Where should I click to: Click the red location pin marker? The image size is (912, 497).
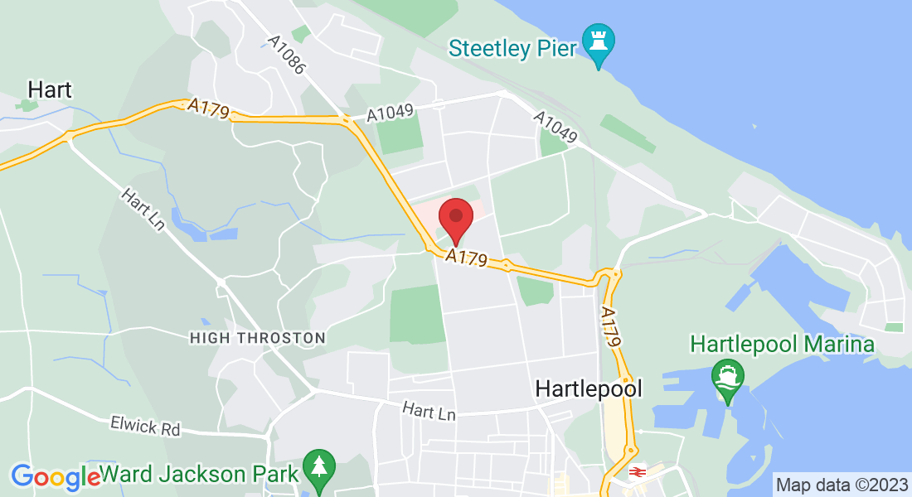click(455, 218)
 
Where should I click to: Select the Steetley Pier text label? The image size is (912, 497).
click(512, 47)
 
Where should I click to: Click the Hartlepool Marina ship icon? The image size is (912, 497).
click(728, 378)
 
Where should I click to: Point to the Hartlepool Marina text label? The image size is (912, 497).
click(782, 344)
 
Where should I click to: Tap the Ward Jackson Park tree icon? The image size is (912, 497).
click(318, 469)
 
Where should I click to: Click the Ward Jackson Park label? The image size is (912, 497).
click(199, 475)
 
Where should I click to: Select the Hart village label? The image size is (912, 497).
click(50, 89)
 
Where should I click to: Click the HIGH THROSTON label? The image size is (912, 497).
click(257, 338)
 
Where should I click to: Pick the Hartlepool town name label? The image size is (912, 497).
click(589, 388)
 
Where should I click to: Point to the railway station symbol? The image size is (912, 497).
click(638, 471)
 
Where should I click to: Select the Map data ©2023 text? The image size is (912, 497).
click(840, 484)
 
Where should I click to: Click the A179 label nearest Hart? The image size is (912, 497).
click(208, 109)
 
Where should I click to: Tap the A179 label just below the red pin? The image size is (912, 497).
click(466, 258)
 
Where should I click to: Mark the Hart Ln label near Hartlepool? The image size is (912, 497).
click(429, 410)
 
